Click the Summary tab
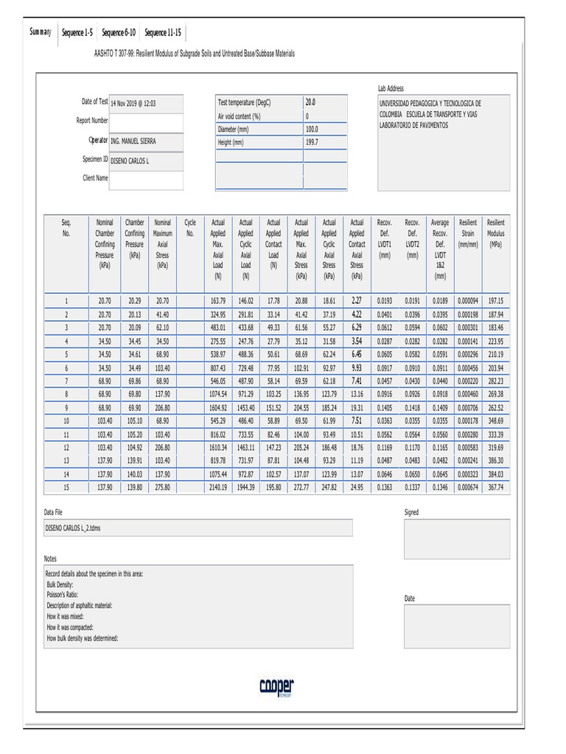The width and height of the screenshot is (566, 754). pyautogui.click(x=40, y=32)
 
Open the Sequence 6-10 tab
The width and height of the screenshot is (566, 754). pyautogui.click(x=118, y=33)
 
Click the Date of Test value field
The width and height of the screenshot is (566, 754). pyautogui.click(x=146, y=104)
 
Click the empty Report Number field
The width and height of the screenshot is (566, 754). pyautogui.click(x=146, y=121)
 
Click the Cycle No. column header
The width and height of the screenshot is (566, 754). pyautogui.click(x=190, y=227)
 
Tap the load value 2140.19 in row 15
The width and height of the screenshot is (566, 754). pyautogui.click(x=218, y=487)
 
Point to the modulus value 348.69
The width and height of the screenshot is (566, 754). pyautogui.click(x=495, y=420)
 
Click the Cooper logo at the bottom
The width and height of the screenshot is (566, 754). pyautogui.click(x=276, y=686)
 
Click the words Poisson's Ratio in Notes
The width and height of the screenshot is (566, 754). pyautogui.click(x=63, y=593)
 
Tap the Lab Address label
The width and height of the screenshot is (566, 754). pyautogui.click(x=391, y=89)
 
